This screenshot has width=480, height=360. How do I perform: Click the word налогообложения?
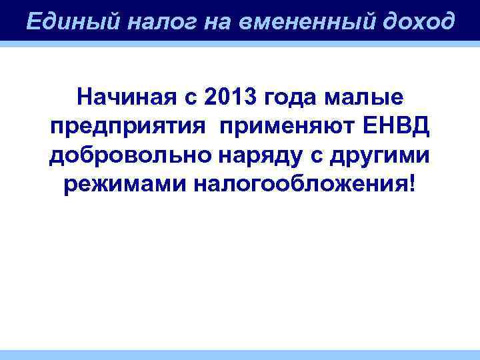coord(300,183)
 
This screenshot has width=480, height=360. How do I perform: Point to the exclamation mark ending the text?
coord(417,182)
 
